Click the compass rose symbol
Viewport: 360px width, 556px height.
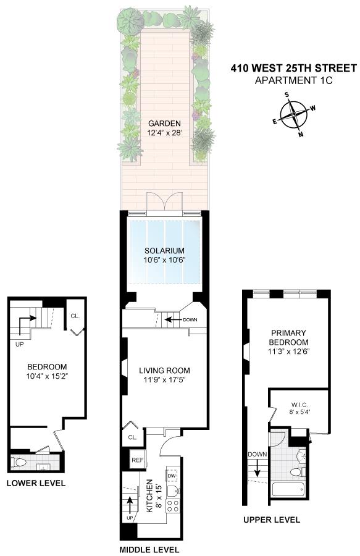click(x=294, y=114)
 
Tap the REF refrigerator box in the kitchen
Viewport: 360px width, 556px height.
click(x=138, y=460)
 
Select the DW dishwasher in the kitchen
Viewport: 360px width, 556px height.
click(x=172, y=476)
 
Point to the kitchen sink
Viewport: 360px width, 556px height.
click(x=174, y=491)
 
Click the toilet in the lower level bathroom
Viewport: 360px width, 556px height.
click(x=19, y=462)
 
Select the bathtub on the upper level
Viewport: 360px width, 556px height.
click(x=288, y=490)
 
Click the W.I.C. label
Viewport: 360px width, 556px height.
click(x=299, y=405)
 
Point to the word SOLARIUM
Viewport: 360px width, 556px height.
click(x=164, y=251)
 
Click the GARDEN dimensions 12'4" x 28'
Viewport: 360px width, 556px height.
click(x=164, y=133)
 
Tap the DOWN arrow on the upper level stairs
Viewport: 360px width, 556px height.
click(x=257, y=468)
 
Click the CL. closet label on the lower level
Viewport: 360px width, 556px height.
click(x=75, y=316)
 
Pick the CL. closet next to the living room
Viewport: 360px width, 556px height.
click(x=133, y=437)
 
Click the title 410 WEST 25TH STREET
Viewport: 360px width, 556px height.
click(x=294, y=68)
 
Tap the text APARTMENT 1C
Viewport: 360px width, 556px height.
click(x=294, y=80)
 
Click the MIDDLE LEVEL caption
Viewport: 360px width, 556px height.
click(x=149, y=550)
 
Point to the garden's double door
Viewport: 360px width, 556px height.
click(x=164, y=203)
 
